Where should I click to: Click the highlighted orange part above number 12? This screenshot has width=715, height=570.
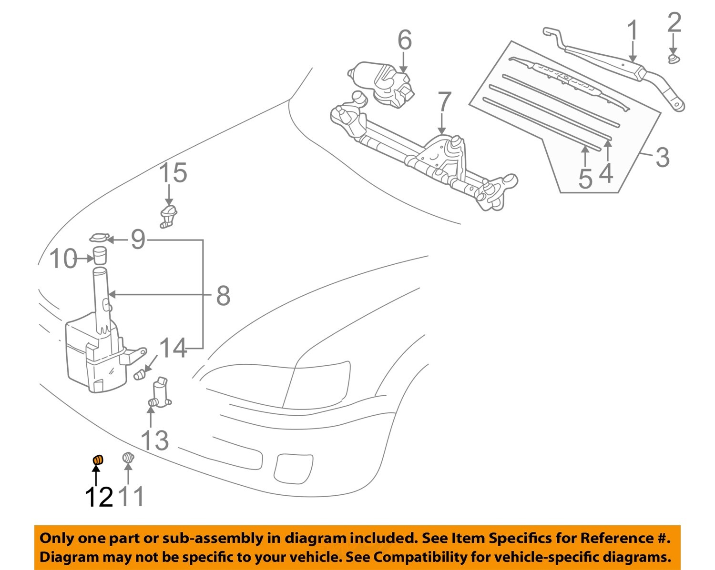coord(97,460)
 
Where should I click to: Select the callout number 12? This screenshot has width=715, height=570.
coord(99,497)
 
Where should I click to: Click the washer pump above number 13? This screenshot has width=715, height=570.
coord(160,393)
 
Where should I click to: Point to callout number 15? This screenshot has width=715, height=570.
coord(173,173)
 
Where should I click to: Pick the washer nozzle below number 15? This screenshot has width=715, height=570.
coord(168,216)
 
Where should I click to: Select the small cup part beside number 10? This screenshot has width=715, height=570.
coord(100,255)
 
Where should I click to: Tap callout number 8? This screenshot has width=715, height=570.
coord(223,296)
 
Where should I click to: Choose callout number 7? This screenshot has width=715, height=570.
coord(444,102)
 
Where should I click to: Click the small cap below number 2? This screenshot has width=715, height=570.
coord(673,59)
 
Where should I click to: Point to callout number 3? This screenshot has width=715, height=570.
coord(662,157)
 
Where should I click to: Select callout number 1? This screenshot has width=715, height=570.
coord(633,30)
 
